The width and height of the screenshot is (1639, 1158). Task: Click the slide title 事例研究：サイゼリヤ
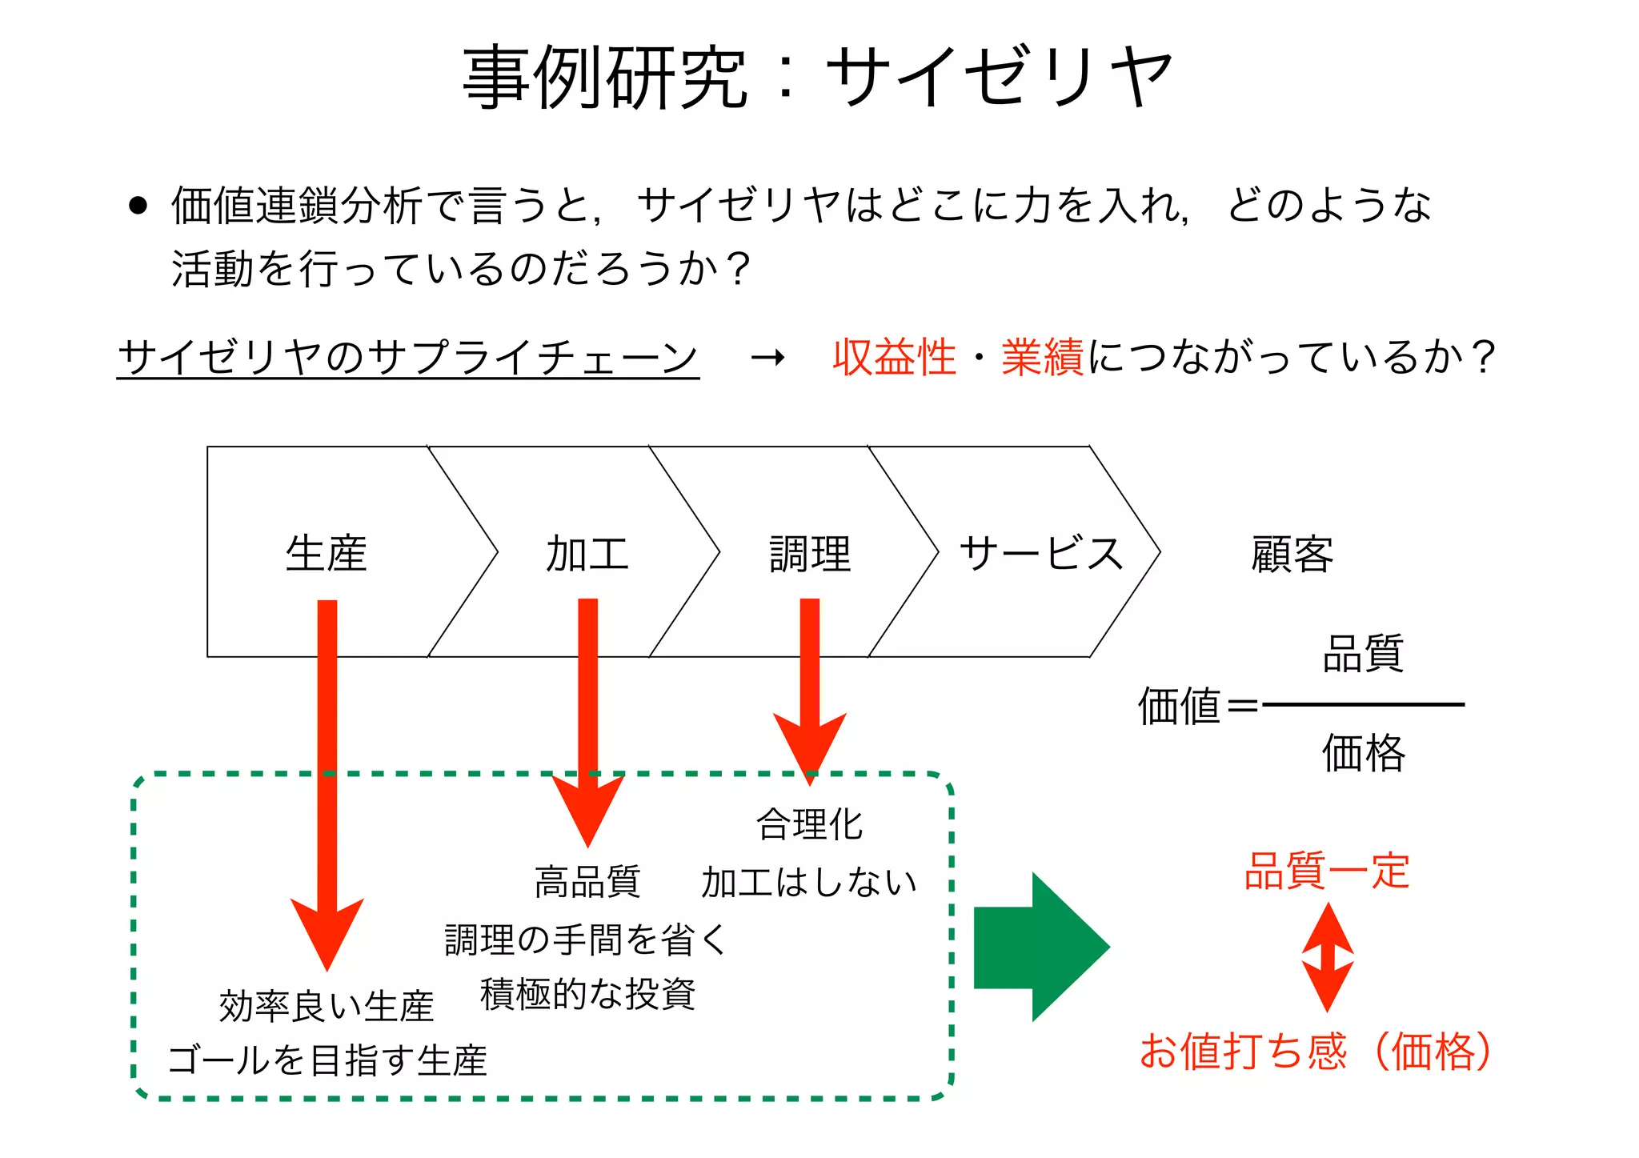818,77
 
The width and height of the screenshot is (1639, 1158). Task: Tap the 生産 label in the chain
326,554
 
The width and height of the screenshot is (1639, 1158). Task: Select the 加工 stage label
587,554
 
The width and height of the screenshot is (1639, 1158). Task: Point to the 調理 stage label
810,554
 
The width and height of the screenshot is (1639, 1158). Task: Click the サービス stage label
1041,554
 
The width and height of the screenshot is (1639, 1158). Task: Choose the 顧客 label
1292,554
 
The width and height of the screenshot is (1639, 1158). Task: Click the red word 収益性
894,357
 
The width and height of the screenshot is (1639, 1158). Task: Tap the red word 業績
1042,357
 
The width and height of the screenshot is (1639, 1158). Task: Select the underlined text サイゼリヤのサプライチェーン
408,357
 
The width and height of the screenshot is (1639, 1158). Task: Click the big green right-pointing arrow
1040,948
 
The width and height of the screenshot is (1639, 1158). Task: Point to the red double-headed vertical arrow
1327,957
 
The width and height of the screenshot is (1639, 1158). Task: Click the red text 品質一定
1326,871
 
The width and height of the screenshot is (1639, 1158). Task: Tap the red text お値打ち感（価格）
1316,1051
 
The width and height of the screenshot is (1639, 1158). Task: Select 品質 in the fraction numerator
1363,654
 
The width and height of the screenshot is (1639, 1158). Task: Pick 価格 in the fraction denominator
1363,753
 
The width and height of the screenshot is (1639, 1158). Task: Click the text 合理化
810,824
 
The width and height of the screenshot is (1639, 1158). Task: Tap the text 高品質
587,882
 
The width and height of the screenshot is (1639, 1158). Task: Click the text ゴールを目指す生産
327,1060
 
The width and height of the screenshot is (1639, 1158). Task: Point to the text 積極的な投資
587,995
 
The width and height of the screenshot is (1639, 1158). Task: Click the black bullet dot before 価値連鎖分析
138,206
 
